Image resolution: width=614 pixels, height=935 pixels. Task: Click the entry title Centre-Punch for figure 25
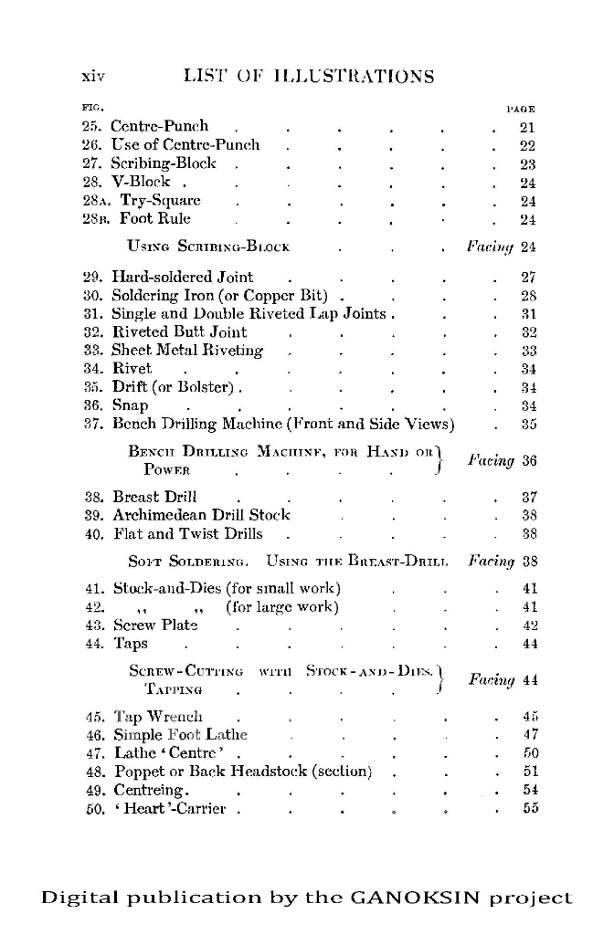pyautogui.click(x=160, y=126)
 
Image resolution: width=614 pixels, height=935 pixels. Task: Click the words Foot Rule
pyautogui.click(x=154, y=219)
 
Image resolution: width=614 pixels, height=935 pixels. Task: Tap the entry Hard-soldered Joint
pyautogui.click(x=183, y=277)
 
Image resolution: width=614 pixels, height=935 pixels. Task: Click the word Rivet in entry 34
pyautogui.click(x=132, y=369)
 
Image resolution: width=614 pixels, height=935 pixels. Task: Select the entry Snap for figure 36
pyautogui.click(x=130, y=405)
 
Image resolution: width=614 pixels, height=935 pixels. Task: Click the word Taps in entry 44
pyautogui.click(x=130, y=644)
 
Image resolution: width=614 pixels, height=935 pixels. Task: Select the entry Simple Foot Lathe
pyautogui.click(x=180, y=735)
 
